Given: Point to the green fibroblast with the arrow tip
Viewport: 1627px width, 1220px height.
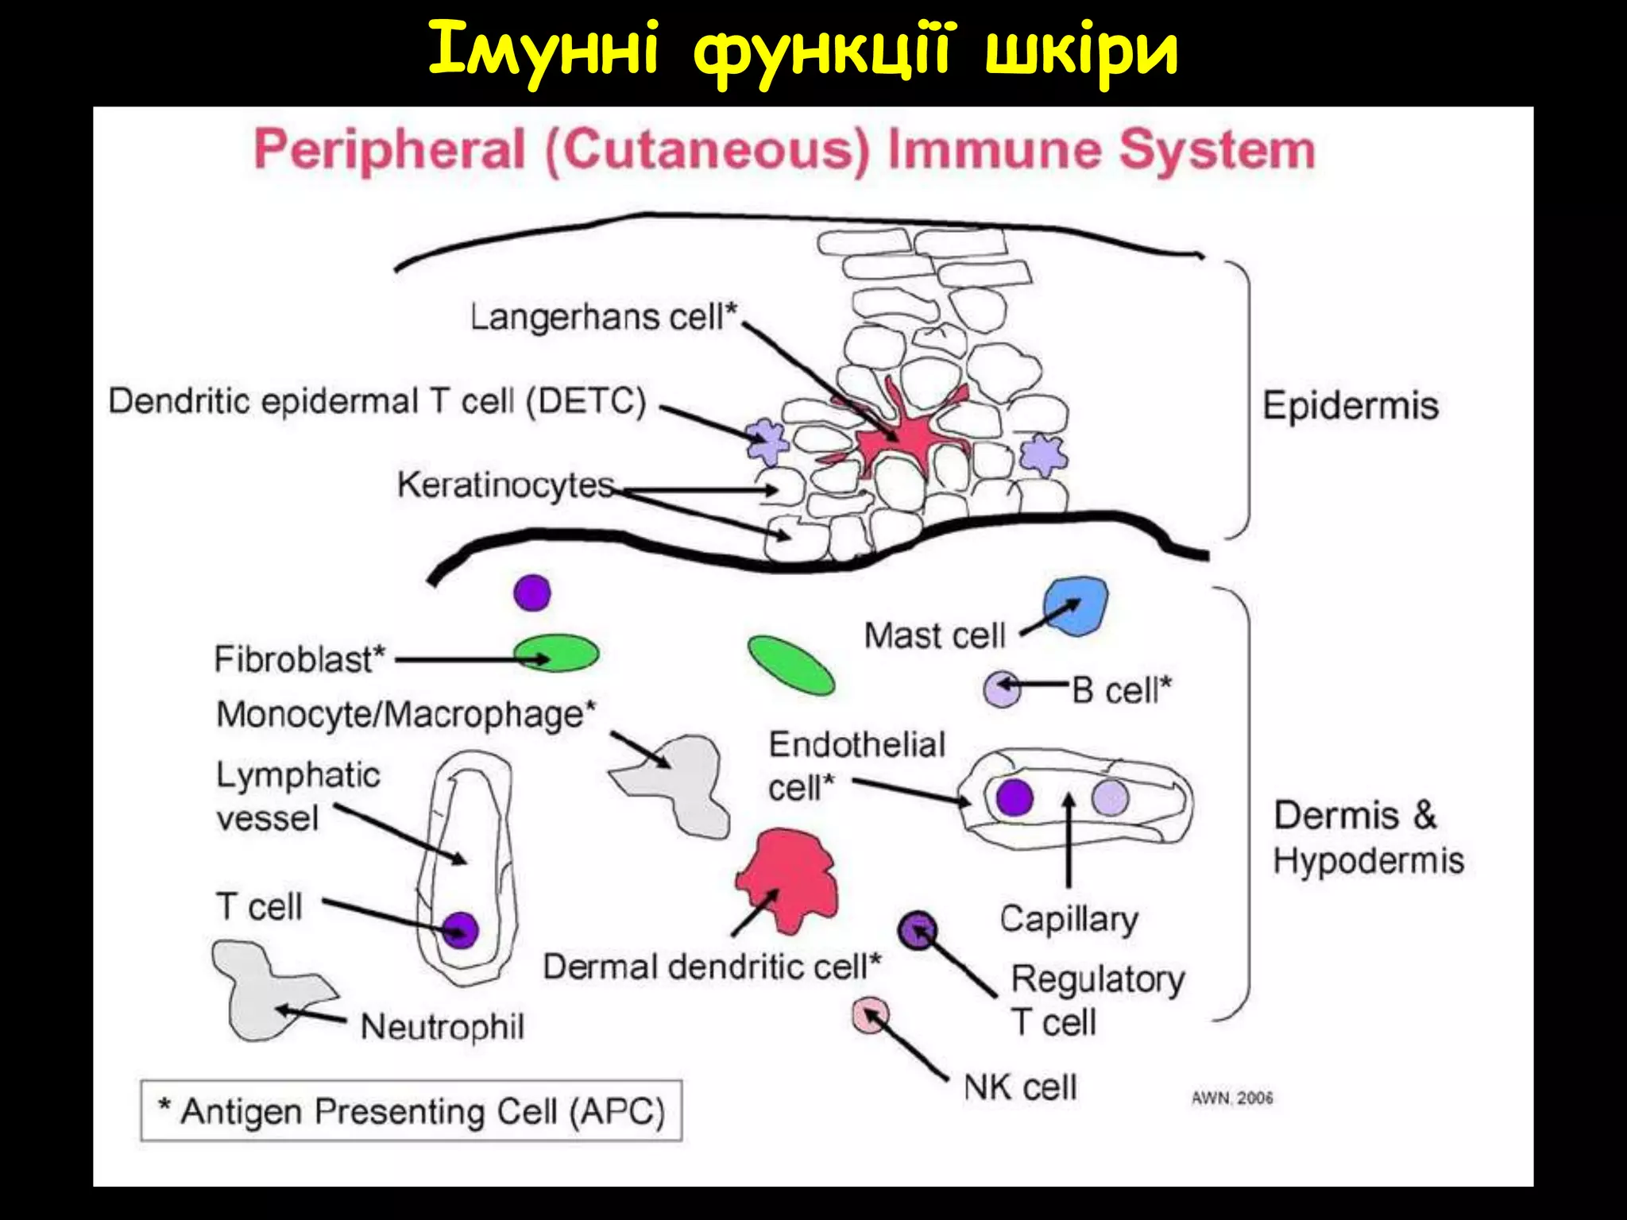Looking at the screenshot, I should pyautogui.click(x=556, y=654).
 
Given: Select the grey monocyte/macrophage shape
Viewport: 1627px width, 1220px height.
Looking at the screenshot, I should pyautogui.click(x=683, y=782).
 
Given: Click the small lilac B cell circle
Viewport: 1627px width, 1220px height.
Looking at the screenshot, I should pyautogui.click(x=1002, y=688).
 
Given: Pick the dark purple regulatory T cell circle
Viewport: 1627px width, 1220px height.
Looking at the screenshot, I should pyautogui.click(x=918, y=930).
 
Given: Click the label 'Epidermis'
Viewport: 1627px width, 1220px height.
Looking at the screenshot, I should pyautogui.click(x=1351, y=406).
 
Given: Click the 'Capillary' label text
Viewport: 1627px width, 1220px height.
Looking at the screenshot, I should pyautogui.click(x=1069, y=920).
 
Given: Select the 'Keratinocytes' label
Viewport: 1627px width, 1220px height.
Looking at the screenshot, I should pyautogui.click(x=505, y=485).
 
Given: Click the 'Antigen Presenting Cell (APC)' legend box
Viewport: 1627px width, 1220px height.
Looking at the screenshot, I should pyautogui.click(x=411, y=1110).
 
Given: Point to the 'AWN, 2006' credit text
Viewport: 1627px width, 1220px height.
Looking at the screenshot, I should pyautogui.click(x=1231, y=1098).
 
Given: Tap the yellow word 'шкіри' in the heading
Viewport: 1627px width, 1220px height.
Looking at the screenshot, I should pyautogui.click(x=1080, y=49).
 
